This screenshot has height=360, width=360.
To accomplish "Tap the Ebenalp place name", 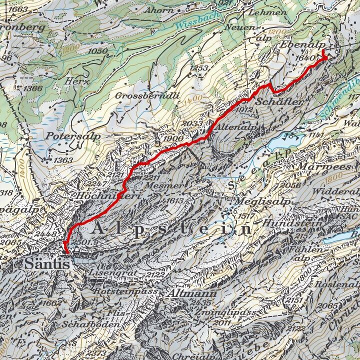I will (298, 44).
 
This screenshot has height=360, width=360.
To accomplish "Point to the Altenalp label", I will (236, 127).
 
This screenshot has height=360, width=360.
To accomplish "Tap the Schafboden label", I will (100, 324).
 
